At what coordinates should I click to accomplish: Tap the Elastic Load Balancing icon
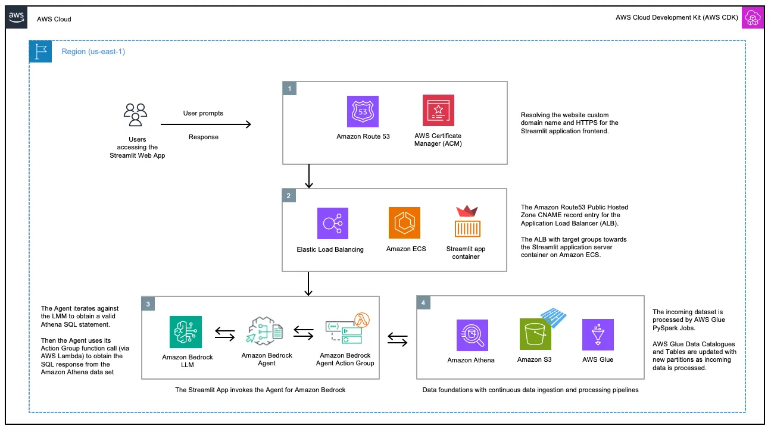(x=332, y=223)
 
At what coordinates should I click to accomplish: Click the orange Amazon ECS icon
(x=404, y=223)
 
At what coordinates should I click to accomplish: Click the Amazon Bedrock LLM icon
(x=185, y=332)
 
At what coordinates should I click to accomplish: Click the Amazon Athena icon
(x=472, y=335)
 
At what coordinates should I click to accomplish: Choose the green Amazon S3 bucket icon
(x=535, y=334)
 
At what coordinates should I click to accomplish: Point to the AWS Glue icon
(x=598, y=334)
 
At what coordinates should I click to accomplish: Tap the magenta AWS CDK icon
(x=753, y=18)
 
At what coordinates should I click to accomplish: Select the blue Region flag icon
(x=40, y=52)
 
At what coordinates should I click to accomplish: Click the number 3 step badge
(x=149, y=303)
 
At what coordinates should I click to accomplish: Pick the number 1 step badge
(x=289, y=89)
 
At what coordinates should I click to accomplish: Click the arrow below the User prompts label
(x=206, y=124)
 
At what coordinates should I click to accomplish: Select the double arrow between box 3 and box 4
(x=398, y=340)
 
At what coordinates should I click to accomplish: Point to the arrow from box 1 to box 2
(x=308, y=176)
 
